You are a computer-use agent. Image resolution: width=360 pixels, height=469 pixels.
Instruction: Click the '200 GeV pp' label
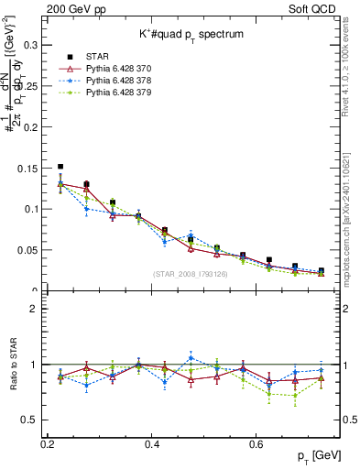click(72, 8)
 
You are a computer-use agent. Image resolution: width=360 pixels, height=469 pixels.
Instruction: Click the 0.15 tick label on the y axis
click(28, 168)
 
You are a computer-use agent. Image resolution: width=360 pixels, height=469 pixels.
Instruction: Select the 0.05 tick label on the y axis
click(28, 250)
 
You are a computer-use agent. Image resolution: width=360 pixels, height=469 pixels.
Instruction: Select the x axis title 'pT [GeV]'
click(317, 457)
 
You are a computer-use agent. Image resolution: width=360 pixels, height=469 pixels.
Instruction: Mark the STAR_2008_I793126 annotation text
click(191, 274)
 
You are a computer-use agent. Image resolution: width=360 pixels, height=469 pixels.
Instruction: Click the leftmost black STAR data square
click(60, 167)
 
